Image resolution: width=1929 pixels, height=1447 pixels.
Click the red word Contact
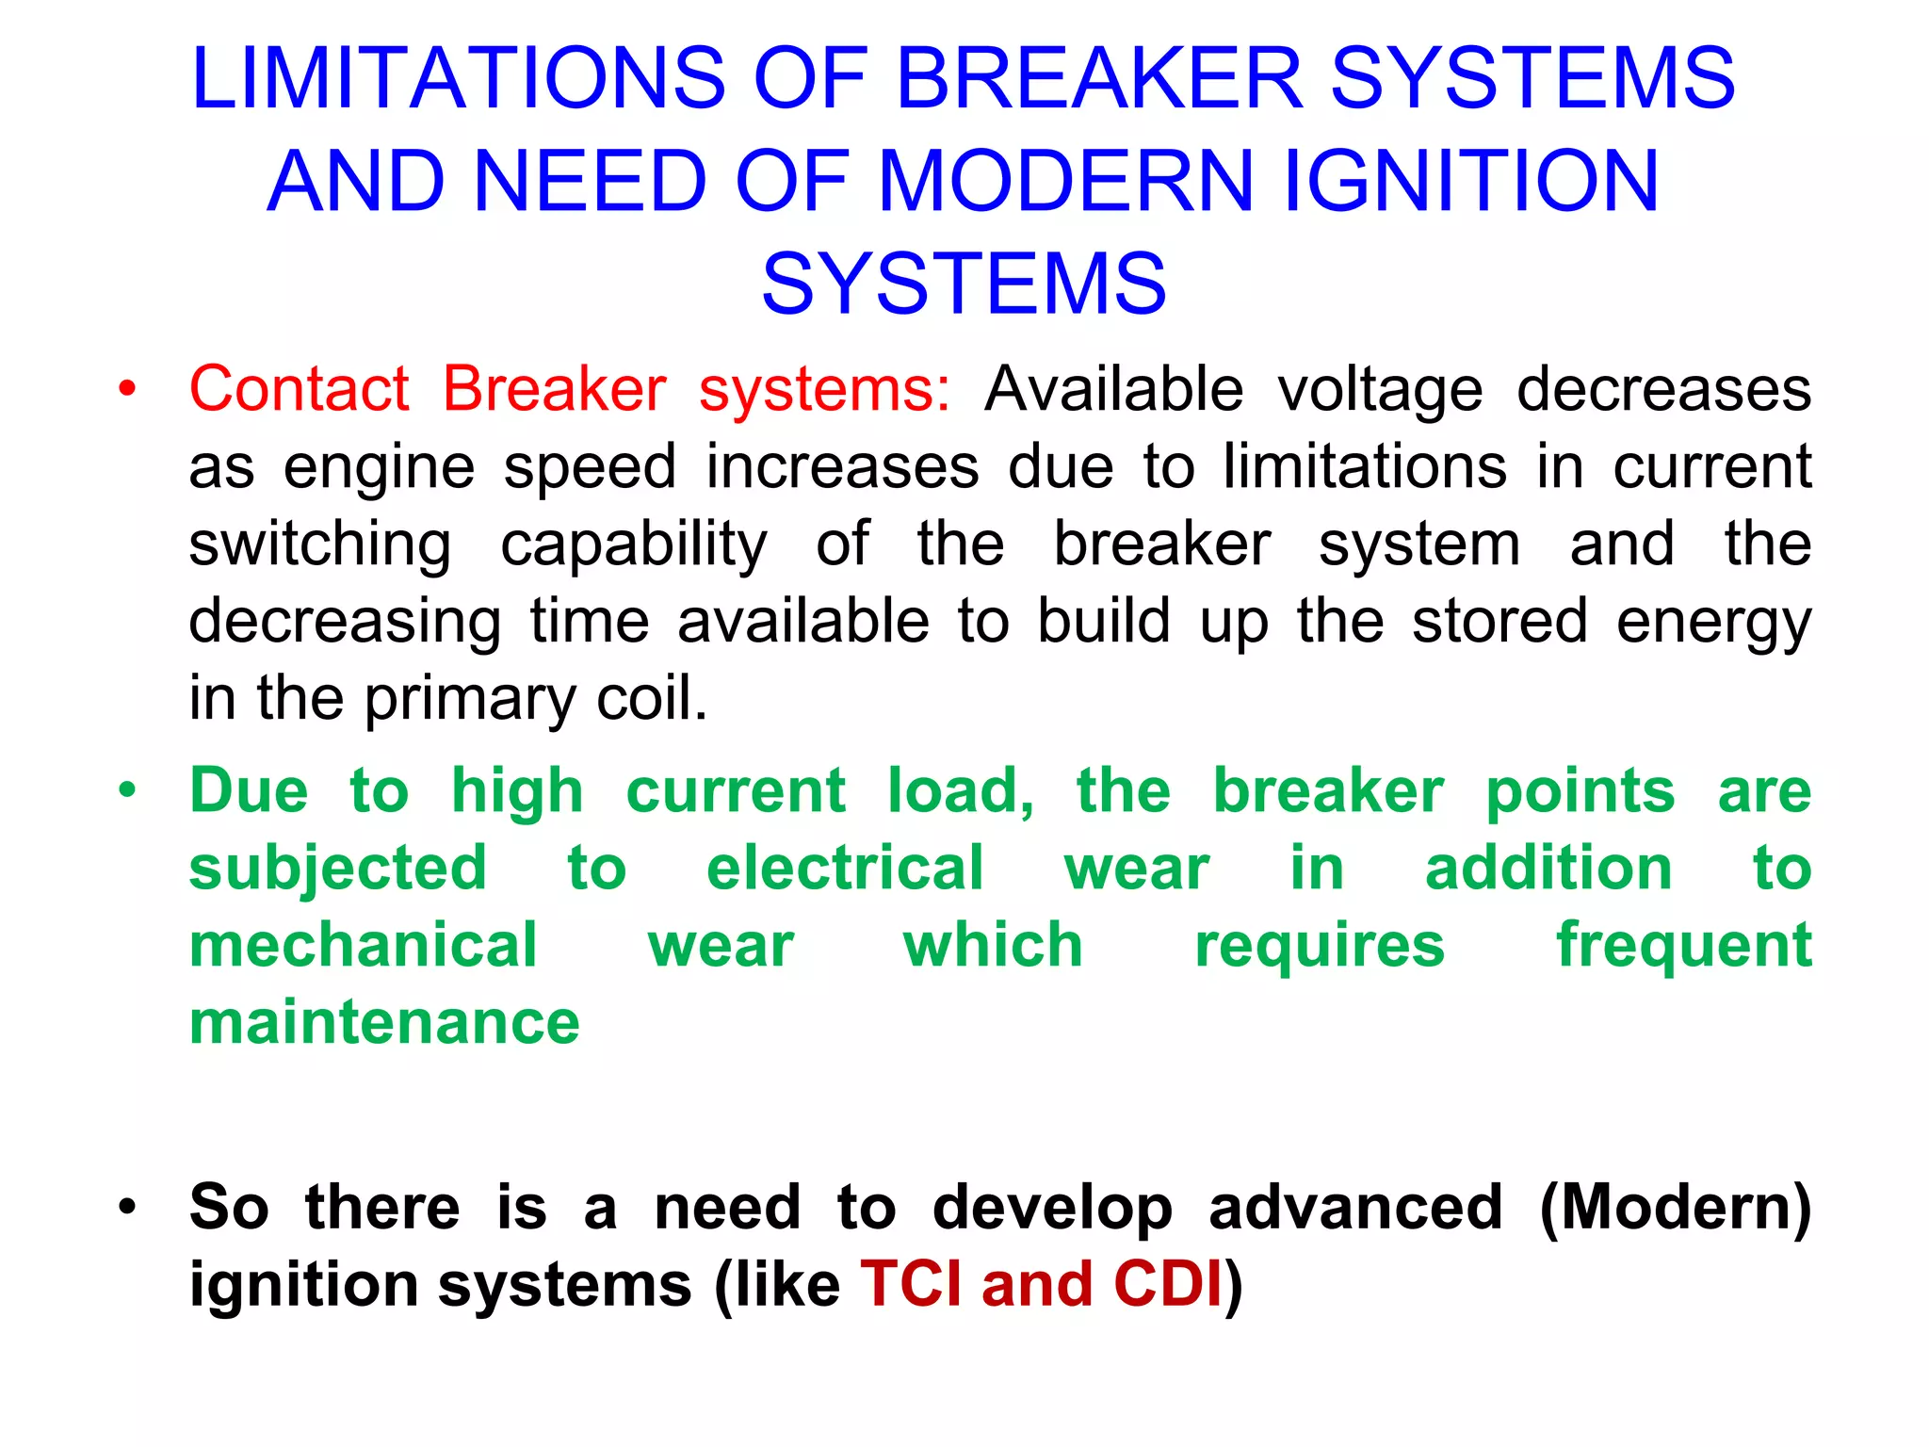coord(300,388)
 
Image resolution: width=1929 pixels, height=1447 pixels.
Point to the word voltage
coord(1380,390)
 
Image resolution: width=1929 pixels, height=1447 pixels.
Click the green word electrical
coord(845,868)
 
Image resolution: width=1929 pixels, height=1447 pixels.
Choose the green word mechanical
coord(364,945)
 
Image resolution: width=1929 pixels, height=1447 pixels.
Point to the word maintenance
coord(384,1023)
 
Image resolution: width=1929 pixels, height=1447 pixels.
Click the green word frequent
coord(1683,947)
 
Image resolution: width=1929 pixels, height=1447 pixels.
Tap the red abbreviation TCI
coord(911,1284)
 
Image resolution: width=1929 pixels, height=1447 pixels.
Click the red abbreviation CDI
coord(1167,1284)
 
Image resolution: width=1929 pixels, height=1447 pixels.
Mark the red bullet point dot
coord(127,388)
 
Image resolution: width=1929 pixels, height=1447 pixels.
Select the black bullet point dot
coord(127,1207)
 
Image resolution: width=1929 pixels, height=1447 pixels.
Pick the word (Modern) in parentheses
coord(1675,1209)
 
